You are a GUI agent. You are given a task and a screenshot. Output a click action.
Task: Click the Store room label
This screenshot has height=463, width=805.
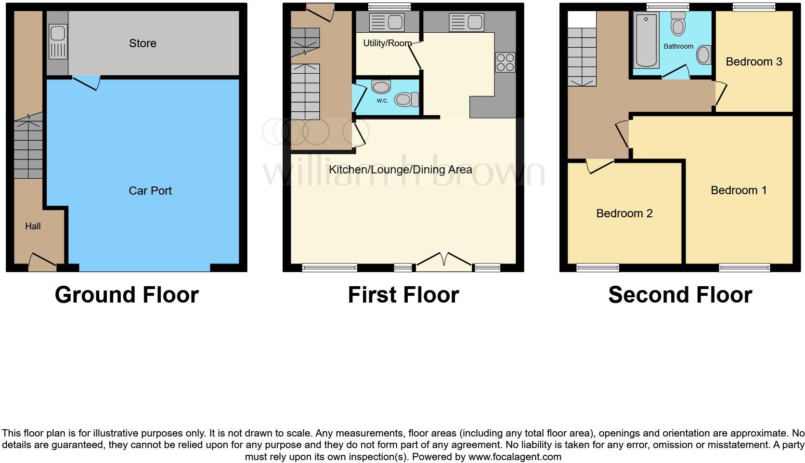click(143, 43)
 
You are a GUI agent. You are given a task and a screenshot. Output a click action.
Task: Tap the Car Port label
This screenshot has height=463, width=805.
click(150, 191)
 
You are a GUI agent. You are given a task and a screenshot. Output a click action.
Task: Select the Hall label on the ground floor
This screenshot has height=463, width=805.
click(33, 226)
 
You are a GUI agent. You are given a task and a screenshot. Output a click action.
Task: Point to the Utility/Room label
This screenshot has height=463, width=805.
click(387, 43)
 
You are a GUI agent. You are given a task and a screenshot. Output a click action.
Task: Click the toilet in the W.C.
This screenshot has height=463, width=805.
click(406, 100)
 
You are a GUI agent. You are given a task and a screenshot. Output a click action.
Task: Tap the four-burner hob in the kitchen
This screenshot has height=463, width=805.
click(505, 62)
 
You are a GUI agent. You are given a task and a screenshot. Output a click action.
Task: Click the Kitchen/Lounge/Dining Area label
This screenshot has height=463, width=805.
click(400, 170)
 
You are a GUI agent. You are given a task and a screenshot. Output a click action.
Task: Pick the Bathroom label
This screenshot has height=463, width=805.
click(678, 47)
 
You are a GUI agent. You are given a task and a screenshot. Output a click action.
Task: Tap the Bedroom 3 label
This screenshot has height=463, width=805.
click(753, 62)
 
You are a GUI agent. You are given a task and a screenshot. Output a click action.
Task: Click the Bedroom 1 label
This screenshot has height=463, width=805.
click(739, 190)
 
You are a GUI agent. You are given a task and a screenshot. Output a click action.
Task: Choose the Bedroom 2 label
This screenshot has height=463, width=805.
click(624, 213)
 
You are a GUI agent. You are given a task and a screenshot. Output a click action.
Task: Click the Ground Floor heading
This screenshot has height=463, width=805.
click(127, 295)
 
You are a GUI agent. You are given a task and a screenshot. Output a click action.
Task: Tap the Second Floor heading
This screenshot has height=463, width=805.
click(680, 295)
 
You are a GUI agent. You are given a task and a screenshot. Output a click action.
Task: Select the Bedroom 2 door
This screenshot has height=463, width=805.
click(600, 166)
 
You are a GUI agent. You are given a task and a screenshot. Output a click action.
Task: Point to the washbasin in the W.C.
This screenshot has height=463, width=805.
click(381, 87)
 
